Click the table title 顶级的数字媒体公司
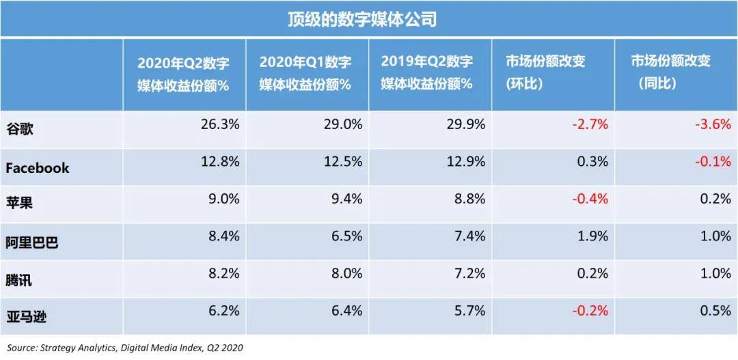coord(361,18)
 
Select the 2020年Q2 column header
coord(183,73)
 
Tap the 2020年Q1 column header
coord(305,73)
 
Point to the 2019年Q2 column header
coord(427,73)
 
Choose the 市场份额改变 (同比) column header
coord(670,73)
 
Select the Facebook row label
coord(38,168)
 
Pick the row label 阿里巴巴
coord(32,243)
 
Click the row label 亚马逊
coord(25,316)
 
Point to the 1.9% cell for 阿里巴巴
coord(592,236)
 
